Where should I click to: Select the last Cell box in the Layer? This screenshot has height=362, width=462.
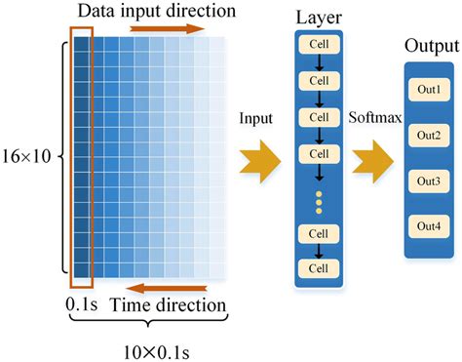(320, 265)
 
